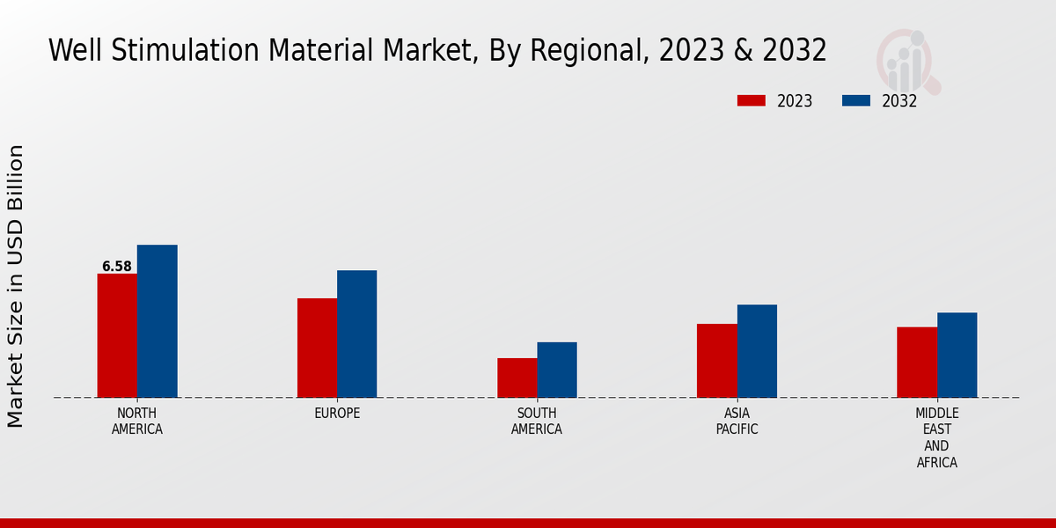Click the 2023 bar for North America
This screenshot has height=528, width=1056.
tap(117, 335)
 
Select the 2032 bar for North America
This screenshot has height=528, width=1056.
tap(157, 321)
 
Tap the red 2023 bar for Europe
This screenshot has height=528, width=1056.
tap(317, 348)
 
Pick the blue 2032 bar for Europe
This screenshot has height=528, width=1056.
tap(356, 334)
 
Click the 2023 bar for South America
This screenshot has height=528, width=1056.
tap(517, 378)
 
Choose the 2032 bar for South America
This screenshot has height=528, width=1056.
tap(557, 370)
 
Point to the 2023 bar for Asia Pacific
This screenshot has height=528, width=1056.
tap(716, 361)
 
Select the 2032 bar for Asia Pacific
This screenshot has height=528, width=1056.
tap(757, 351)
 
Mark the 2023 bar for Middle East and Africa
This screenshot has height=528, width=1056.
tap(917, 363)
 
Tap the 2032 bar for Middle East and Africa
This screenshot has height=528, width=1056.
tap(957, 355)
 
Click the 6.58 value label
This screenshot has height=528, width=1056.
tap(117, 267)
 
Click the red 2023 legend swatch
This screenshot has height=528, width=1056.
tap(752, 101)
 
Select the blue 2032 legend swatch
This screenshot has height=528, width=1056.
tap(856, 101)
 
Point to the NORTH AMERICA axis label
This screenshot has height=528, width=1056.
tap(137, 422)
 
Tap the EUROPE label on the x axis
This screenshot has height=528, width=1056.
tap(337, 414)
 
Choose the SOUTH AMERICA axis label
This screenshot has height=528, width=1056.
tap(537, 422)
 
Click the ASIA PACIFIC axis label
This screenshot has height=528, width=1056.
tap(737, 422)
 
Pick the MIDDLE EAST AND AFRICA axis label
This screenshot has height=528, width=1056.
tap(936, 438)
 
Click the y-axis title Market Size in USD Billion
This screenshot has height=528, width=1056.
tap(16, 286)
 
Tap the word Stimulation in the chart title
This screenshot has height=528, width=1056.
tap(191, 50)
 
